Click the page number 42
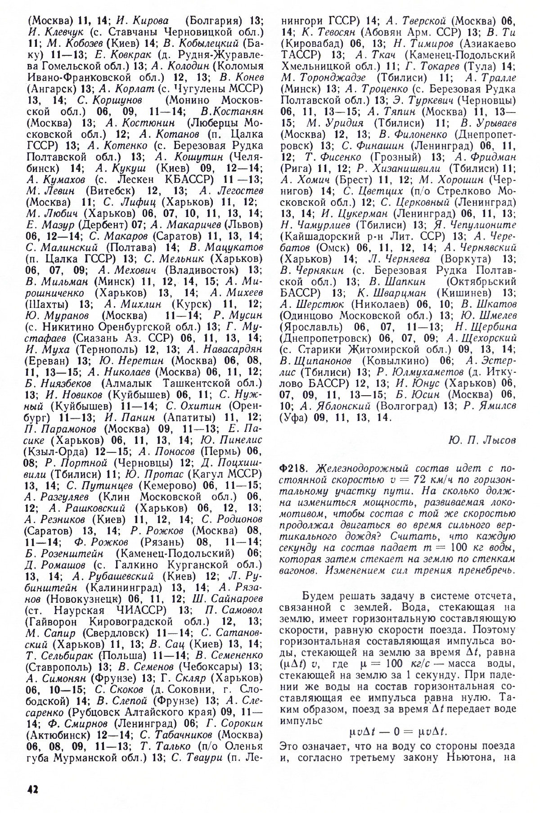coord(31,790)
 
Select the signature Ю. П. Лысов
coord(482,440)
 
